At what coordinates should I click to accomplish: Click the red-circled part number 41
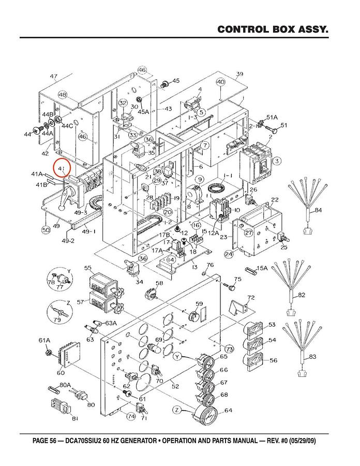(x=62, y=169)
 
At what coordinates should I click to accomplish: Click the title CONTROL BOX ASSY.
(x=273, y=29)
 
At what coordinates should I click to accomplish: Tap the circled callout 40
(x=221, y=82)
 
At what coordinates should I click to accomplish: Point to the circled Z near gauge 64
(x=177, y=410)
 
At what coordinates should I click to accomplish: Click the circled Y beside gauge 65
(x=177, y=356)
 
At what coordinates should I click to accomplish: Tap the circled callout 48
(x=63, y=95)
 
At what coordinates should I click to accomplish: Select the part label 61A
(x=44, y=340)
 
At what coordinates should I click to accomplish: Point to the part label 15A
(x=262, y=268)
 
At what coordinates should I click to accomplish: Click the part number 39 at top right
(x=239, y=75)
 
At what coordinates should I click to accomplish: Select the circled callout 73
(x=229, y=348)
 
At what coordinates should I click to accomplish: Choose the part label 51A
(x=272, y=118)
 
